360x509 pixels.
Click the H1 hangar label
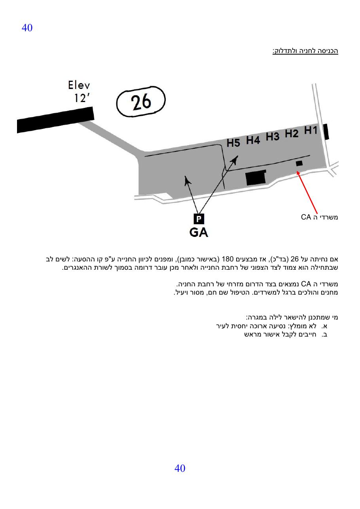coord(311,131)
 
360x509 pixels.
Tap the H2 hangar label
coord(292,134)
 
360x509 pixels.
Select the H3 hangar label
coord(273,136)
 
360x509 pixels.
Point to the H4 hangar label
coord(253,140)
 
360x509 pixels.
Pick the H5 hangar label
coord(233,143)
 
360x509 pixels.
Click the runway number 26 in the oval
coord(141,101)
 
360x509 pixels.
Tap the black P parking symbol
coord(199,219)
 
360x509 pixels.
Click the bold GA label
coord(199,232)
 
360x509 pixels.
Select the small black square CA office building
coord(299,163)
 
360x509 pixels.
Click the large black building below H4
coord(256,177)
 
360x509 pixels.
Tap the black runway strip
coord(55,120)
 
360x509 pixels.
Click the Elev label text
coord(79,85)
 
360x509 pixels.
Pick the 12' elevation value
coord(82,98)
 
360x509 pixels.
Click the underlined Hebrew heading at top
coord(305,51)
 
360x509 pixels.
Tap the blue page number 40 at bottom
coord(180,468)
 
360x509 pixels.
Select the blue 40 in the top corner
coord(27,28)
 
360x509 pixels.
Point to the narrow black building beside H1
coord(326,131)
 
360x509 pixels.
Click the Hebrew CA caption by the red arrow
coord(320,217)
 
